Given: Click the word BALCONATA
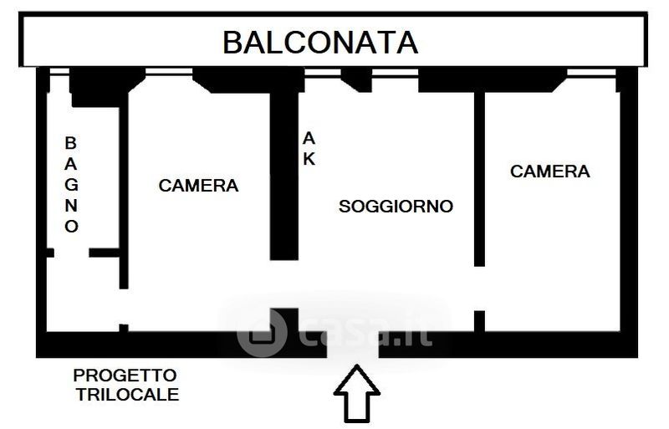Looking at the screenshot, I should (319, 41).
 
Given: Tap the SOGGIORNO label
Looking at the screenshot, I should (396, 206).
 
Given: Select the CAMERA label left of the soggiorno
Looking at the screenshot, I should (198, 186).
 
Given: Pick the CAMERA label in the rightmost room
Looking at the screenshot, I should (549, 171).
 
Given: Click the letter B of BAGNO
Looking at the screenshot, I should (72, 143).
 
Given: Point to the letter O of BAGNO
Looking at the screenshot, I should (72, 226).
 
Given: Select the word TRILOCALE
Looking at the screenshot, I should (128, 394).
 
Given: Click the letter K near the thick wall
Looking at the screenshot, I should (309, 159).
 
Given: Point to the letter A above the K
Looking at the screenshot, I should (309, 138).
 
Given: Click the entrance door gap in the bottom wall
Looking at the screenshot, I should (352, 345).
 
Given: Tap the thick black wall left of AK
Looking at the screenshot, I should (283, 176).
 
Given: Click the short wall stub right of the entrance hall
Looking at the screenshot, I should (479, 321).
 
